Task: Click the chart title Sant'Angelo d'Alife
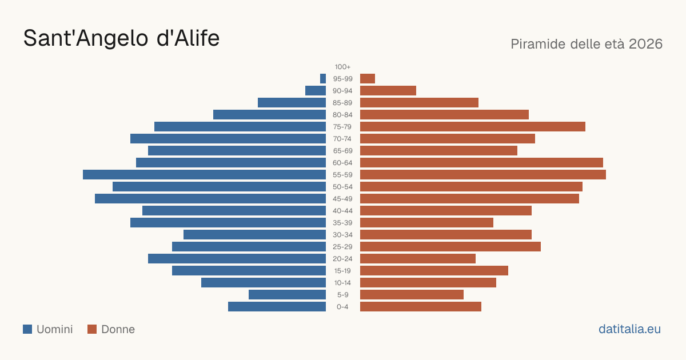(122, 38)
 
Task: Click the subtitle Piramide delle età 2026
(587, 44)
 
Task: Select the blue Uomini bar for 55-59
(204, 174)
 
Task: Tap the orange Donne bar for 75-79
(473, 126)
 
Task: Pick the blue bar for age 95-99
(323, 78)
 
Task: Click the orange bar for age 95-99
(368, 78)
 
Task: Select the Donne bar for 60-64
(481, 162)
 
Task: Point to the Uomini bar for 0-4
(277, 306)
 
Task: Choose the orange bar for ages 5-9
(412, 294)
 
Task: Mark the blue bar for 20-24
(237, 258)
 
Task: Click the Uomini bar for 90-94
(316, 91)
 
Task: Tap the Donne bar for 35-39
(426, 222)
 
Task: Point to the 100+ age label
(342, 67)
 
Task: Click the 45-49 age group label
(342, 199)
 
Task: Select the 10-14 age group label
(342, 282)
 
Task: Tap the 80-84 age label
(342, 115)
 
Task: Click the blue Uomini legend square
(27, 329)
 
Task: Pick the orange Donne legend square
(92, 329)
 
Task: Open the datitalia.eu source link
(629, 329)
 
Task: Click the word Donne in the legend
(118, 329)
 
